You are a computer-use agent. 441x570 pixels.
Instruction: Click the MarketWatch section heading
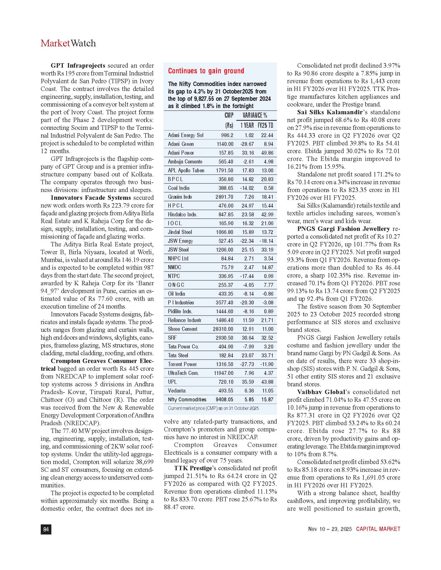(x=68, y=43)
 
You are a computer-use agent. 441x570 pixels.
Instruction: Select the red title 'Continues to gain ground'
(x=206, y=71)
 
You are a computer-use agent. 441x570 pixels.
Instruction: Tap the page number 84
(x=46, y=529)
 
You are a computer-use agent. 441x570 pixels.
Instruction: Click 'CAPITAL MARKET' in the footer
(x=378, y=529)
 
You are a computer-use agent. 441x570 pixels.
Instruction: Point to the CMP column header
(x=229, y=115)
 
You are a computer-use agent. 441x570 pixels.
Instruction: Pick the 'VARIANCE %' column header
(x=255, y=115)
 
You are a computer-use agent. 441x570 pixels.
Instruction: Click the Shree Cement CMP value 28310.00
(x=223, y=329)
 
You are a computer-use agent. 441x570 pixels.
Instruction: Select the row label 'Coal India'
(x=179, y=188)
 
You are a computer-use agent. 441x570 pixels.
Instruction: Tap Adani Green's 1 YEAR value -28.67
(x=247, y=144)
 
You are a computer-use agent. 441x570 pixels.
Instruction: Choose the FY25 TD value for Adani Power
(x=267, y=153)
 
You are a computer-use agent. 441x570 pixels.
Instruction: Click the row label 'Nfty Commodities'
(x=187, y=400)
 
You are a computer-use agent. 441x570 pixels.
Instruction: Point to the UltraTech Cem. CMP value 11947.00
(x=223, y=373)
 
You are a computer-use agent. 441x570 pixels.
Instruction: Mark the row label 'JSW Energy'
(x=180, y=241)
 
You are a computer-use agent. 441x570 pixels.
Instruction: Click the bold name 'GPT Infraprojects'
(x=78, y=66)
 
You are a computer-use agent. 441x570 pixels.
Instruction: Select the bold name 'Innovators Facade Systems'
(x=91, y=198)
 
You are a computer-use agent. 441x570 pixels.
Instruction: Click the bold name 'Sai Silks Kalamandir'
(x=330, y=112)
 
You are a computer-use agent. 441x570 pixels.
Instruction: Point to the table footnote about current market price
(x=213, y=408)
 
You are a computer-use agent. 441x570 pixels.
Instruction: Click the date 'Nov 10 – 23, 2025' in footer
(x=330, y=529)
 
